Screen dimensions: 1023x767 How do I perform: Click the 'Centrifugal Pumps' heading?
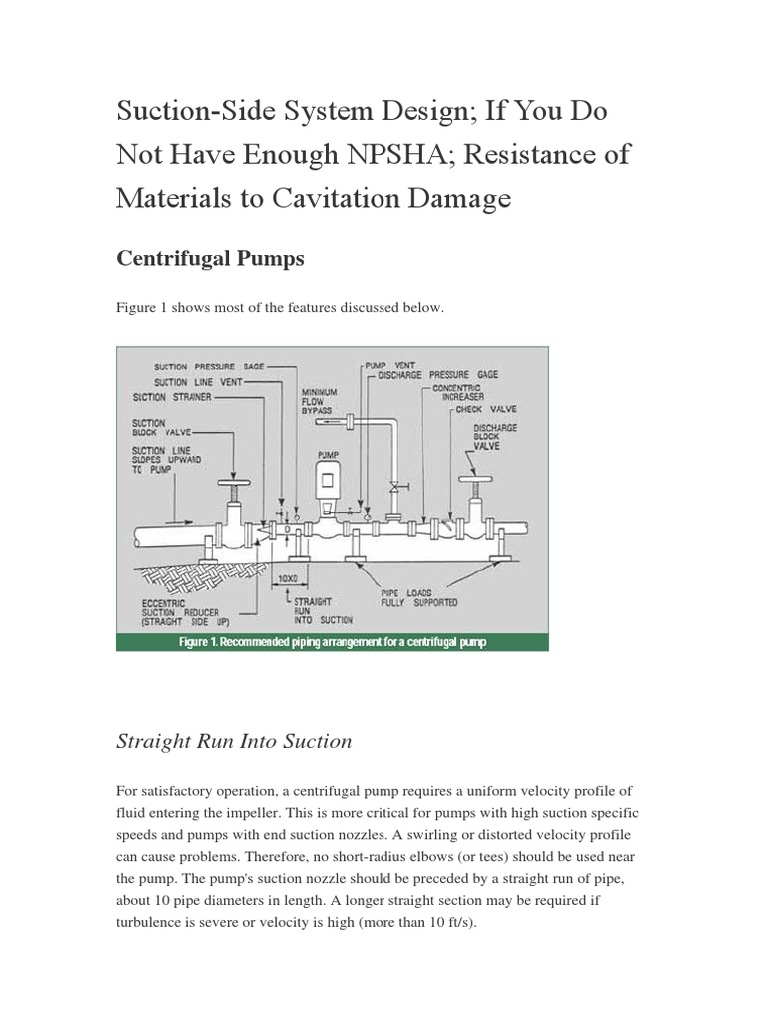coord(211,259)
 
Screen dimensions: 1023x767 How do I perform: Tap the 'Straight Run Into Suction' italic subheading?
coord(234,741)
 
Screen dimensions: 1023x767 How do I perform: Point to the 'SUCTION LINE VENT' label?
coord(197,382)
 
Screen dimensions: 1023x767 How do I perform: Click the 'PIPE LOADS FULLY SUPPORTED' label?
coord(418,597)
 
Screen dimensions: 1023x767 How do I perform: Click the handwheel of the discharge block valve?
coord(474,482)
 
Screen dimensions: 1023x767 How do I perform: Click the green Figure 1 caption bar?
coord(332,642)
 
